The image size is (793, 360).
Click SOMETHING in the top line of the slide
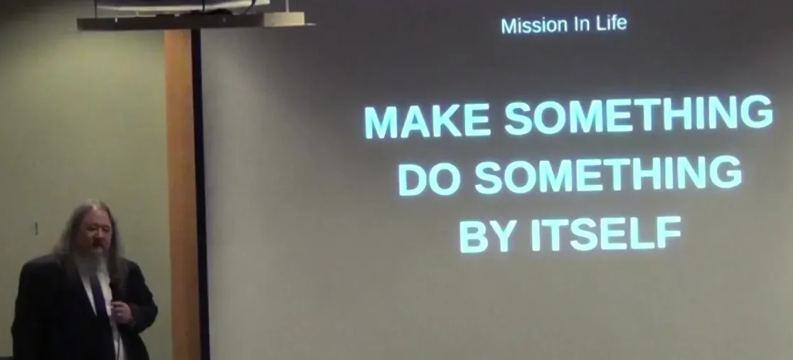pyautogui.click(x=639, y=115)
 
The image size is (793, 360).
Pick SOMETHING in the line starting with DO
pyautogui.click(x=608, y=175)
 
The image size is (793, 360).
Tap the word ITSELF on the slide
pyautogui.click(x=606, y=233)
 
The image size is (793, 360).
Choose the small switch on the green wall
pyautogui.click(x=36, y=228)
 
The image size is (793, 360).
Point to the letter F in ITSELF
pyautogui.click(x=669, y=232)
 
